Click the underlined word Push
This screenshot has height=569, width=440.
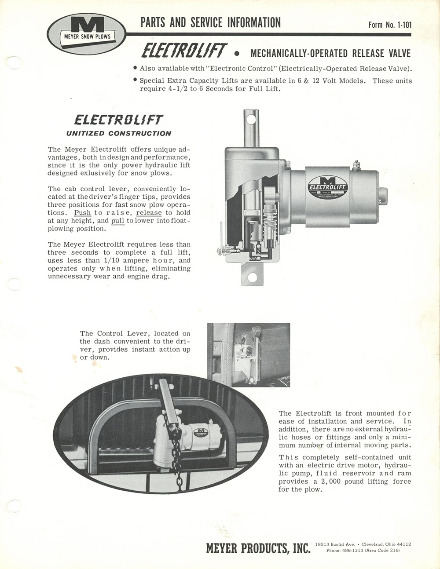click(x=82, y=213)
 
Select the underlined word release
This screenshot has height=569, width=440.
click(x=149, y=213)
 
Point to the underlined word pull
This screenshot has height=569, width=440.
click(x=118, y=221)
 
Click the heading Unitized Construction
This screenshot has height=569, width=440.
click(x=118, y=133)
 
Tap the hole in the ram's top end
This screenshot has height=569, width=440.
click(x=251, y=119)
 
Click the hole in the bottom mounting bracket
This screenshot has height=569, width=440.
click(x=252, y=277)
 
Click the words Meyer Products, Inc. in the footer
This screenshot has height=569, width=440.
click(x=258, y=548)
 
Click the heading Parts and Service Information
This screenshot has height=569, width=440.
click(x=210, y=22)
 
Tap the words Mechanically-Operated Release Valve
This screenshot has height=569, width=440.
click(x=330, y=54)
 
